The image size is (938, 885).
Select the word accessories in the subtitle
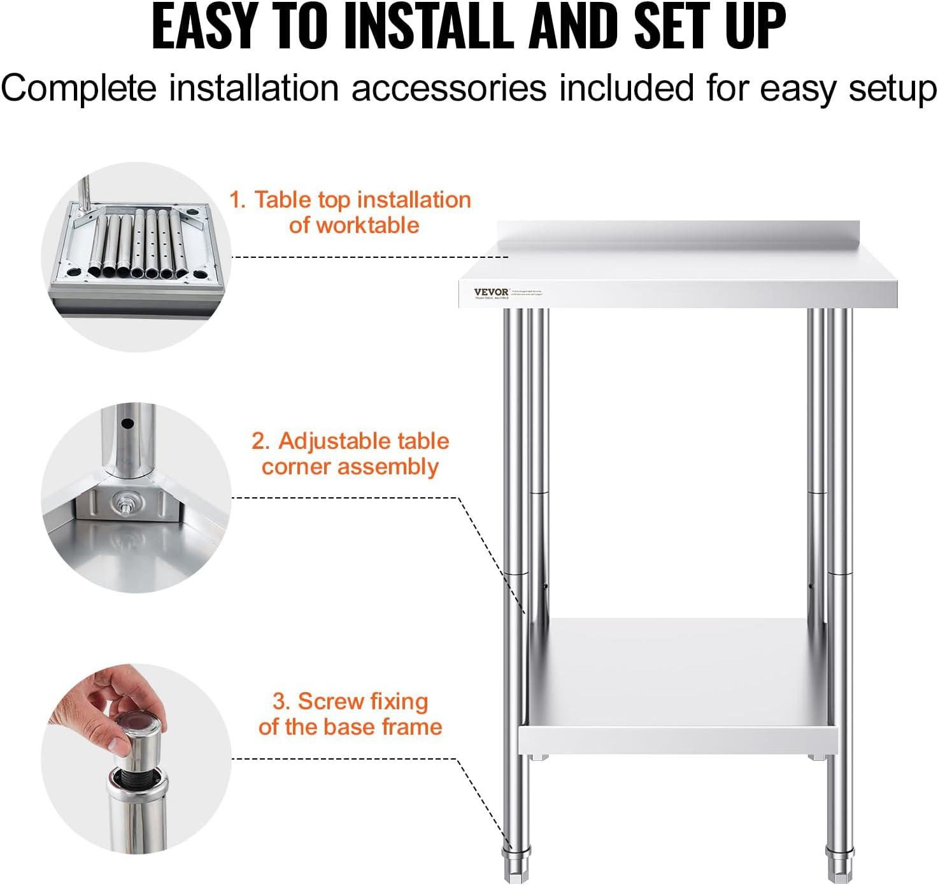point(448,88)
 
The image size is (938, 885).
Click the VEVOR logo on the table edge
point(491,292)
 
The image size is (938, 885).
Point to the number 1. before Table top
point(237,200)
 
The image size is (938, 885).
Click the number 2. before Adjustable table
point(260,441)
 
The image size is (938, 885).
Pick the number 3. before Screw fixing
point(281,701)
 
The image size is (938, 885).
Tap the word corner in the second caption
point(290,467)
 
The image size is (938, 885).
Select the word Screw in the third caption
point(330,701)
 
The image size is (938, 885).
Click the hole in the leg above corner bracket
point(127,423)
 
